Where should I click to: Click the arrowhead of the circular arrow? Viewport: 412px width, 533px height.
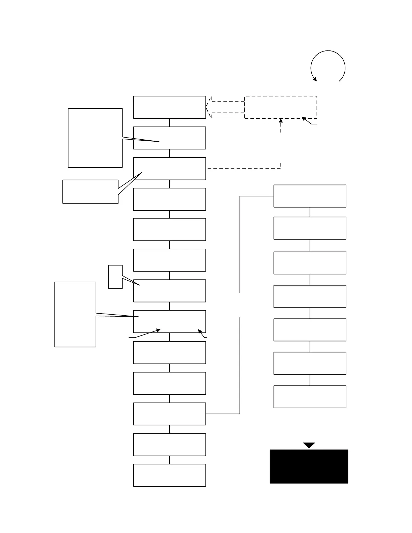click(315, 79)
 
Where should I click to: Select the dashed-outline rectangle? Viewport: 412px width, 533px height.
click(280, 107)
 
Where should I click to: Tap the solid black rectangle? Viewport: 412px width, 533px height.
click(309, 466)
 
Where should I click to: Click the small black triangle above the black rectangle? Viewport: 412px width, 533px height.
click(309, 445)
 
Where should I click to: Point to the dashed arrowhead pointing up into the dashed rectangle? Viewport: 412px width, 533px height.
click(281, 120)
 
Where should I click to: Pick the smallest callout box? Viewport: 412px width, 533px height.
click(115, 277)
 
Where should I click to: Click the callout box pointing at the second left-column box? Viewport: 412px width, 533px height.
click(95, 138)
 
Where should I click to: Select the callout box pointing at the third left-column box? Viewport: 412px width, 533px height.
click(90, 191)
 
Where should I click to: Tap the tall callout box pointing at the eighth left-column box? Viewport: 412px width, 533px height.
click(75, 314)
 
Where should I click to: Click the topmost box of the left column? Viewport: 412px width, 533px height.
click(169, 107)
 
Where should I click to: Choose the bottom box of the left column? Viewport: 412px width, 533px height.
click(169, 475)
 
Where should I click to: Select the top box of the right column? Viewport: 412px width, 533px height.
click(310, 196)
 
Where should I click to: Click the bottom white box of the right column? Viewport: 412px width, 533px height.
click(310, 397)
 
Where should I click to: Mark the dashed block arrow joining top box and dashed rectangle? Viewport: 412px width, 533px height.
click(225, 107)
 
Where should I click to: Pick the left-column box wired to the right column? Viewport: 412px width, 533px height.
click(169, 414)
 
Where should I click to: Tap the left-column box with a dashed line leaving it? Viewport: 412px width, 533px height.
click(169, 169)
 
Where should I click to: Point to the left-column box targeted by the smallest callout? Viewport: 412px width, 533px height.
click(169, 291)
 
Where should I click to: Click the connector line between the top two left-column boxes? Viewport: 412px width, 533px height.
click(170, 122)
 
